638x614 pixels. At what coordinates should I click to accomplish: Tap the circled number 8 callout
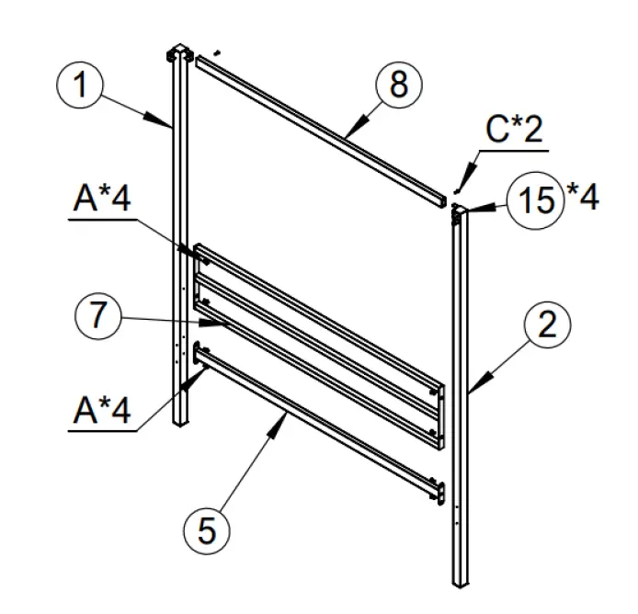[397, 85]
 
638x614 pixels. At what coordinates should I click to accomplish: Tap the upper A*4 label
[101, 199]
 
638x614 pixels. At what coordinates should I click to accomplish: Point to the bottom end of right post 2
[461, 582]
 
